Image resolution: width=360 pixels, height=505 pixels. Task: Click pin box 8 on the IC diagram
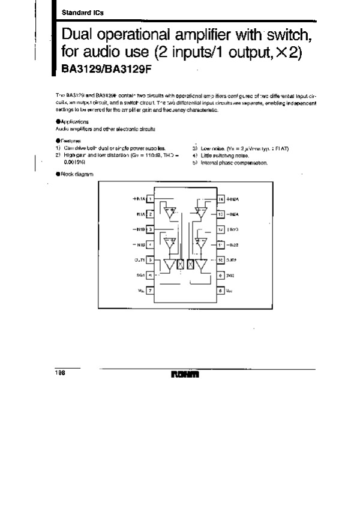pos(221,290)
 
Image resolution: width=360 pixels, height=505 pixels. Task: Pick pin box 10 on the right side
pos(221,260)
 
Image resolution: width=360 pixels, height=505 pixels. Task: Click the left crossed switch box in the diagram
pos(180,264)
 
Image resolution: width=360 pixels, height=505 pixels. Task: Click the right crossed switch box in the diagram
pos(191,264)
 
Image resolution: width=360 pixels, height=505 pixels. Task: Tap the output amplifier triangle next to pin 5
pos(169,264)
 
